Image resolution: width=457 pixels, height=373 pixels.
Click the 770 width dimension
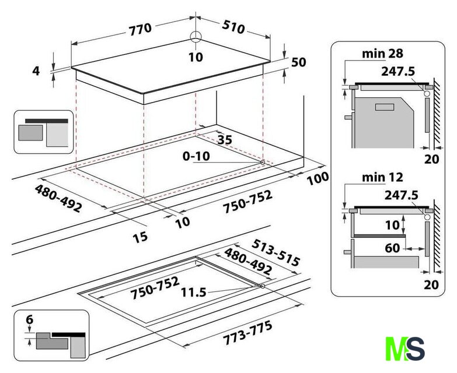pos(141,29)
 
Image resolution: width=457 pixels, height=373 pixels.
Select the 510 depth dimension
pos(233,27)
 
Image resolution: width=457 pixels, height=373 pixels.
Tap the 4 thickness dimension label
pos(36,71)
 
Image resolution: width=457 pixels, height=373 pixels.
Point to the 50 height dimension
pos(298,62)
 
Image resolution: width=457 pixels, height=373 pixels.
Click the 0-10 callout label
pos(196,156)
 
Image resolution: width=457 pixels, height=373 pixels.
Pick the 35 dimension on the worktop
pos(225,140)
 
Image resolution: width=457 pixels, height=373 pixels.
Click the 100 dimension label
pos(318,178)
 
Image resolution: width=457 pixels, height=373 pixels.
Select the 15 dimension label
pos(140,238)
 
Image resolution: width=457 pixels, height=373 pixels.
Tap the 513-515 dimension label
pos(275,252)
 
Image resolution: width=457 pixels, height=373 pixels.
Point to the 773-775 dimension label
pos(247,332)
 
